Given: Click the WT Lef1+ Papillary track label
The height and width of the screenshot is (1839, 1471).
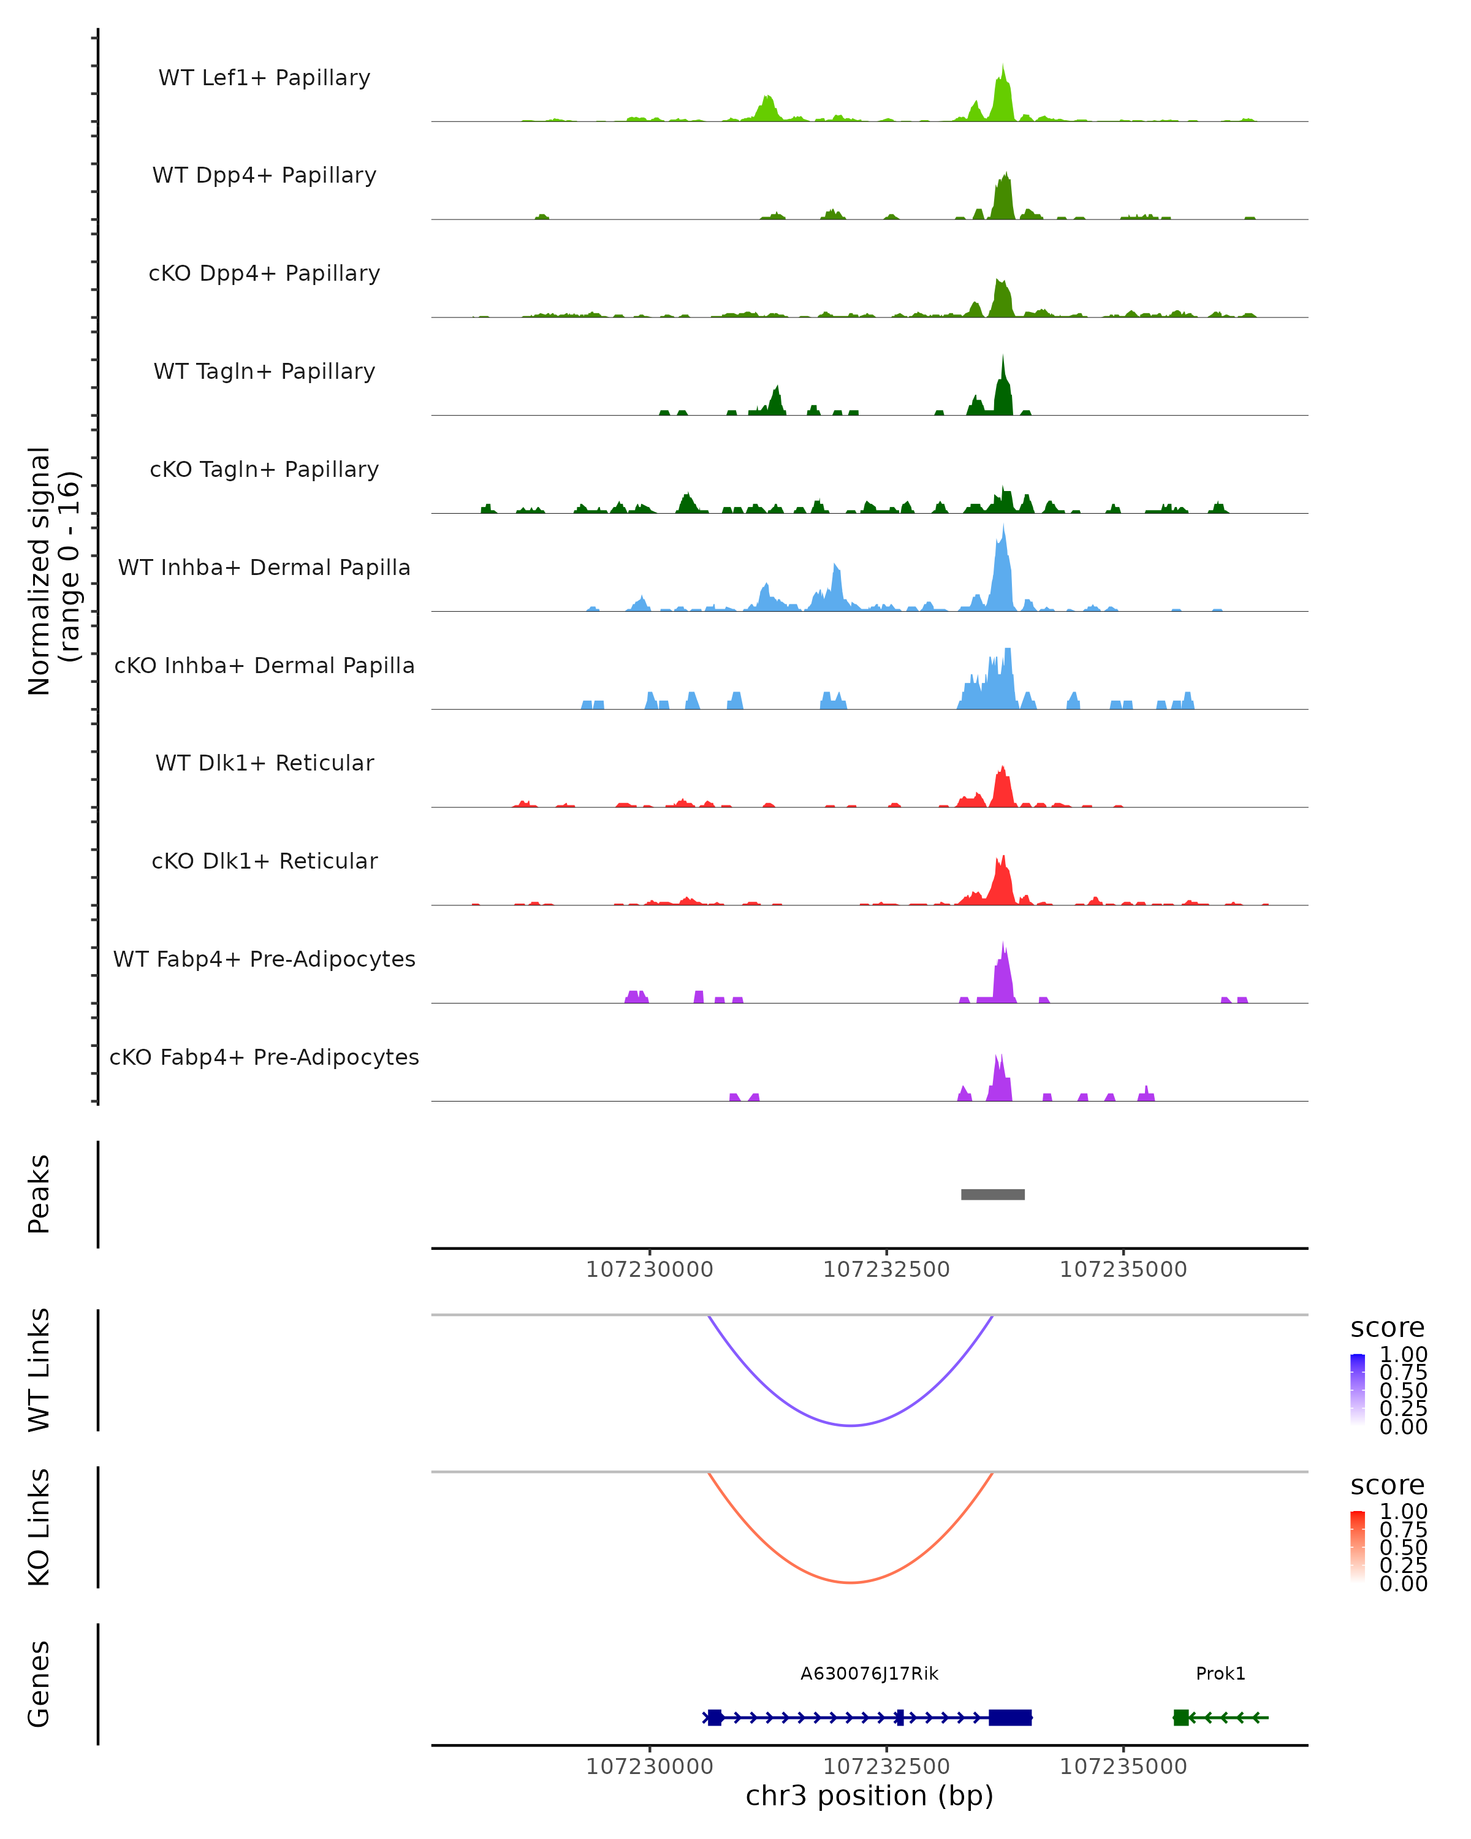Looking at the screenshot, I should pos(264,78).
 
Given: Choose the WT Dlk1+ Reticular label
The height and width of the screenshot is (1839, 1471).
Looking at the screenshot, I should pos(264,763).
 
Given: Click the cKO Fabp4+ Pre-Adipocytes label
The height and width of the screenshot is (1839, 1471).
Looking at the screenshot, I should pos(264,1057).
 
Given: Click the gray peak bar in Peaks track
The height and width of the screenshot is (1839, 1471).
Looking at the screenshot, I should pos(992,1194).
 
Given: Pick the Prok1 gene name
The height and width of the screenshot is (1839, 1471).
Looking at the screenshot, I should pos(1220,1673).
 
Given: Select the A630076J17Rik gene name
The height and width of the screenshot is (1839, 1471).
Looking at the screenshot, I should pos(869,1673).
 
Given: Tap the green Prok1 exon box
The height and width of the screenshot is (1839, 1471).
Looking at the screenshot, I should pos(1180,1717).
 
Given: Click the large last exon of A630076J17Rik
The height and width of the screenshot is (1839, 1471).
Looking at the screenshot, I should pos(1011,1717).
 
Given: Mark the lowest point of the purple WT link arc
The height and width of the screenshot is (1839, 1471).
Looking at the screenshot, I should pos(851,1425).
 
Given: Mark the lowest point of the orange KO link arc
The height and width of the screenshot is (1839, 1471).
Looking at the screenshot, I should pos(851,1582).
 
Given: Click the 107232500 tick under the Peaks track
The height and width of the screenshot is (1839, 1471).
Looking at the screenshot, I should pos(886,1270).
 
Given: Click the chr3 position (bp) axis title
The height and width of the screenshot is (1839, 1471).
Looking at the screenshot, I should pos(869,1795).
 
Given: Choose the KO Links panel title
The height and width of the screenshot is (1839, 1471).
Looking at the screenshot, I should pos(39,1527).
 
